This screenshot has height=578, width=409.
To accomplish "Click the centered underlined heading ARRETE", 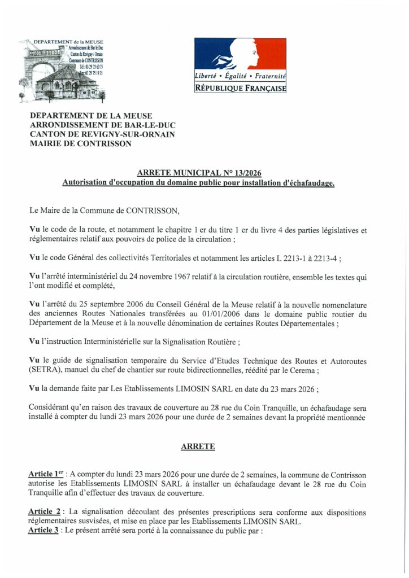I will [x=198, y=446].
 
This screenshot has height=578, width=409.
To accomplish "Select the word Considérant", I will [x=51, y=408].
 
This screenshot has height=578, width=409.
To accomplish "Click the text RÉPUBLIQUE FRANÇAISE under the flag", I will [x=240, y=89].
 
